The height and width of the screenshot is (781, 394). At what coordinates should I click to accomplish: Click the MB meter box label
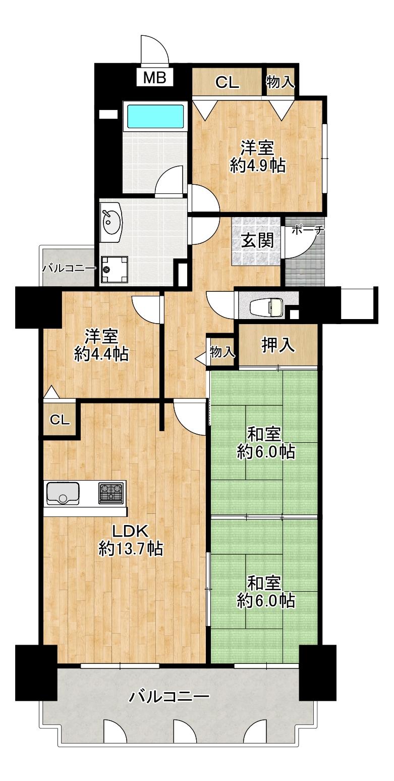(x=155, y=78)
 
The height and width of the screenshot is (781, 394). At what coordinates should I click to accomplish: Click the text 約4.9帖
(x=257, y=166)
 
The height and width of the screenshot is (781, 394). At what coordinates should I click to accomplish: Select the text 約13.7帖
(x=130, y=549)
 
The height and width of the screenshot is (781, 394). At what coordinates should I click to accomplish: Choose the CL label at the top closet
(x=227, y=83)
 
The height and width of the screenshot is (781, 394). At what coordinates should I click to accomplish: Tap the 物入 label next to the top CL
(x=280, y=82)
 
